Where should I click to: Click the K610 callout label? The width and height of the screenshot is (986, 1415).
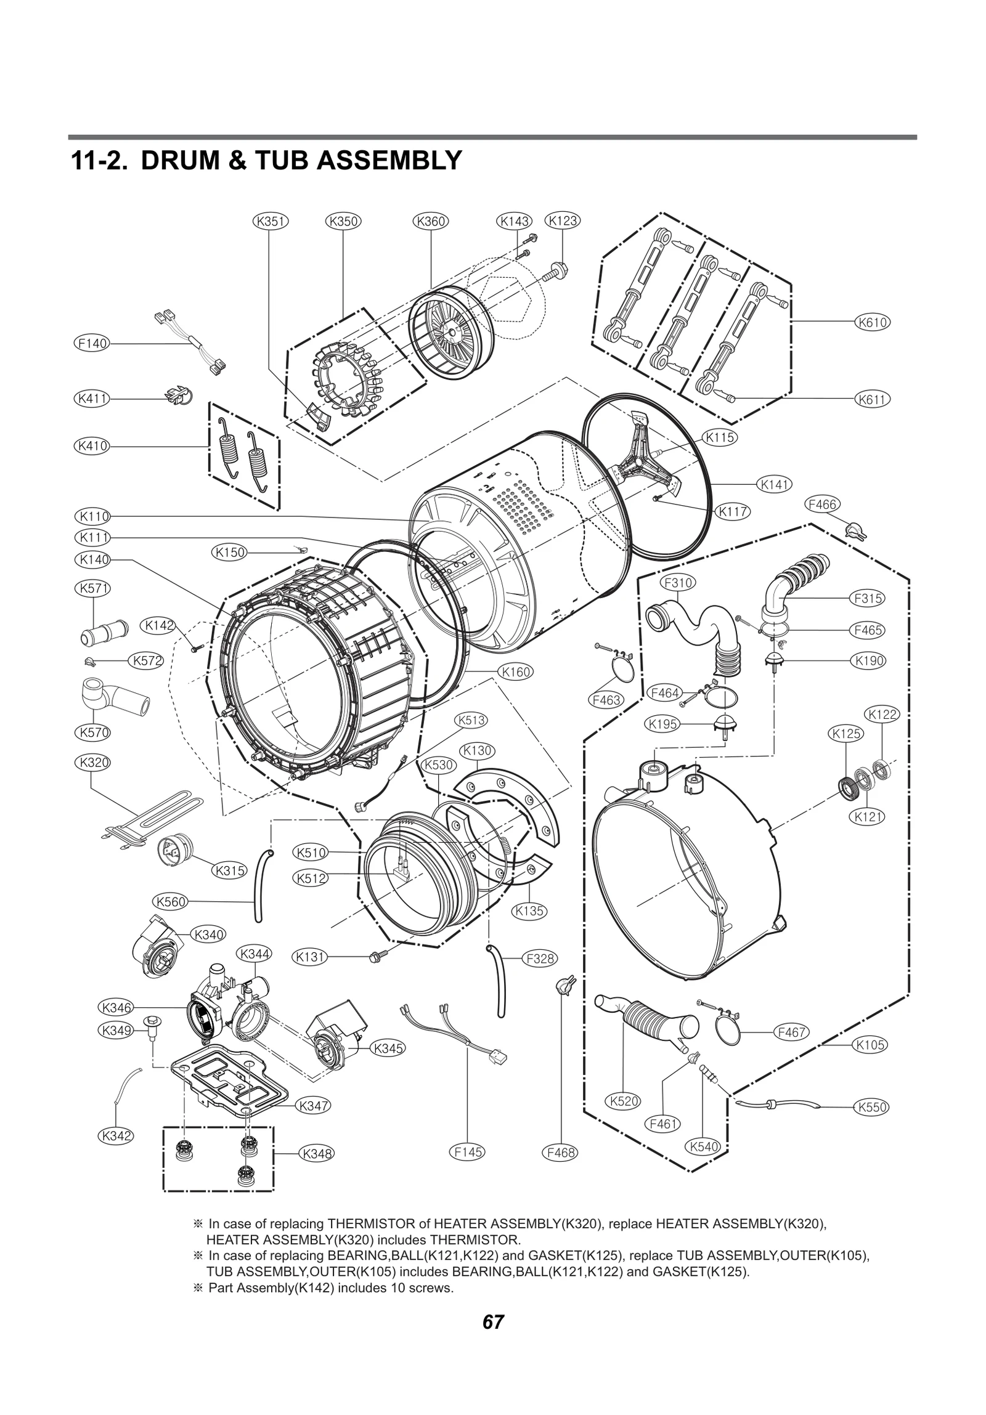tap(872, 322)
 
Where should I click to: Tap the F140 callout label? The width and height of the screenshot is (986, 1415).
tap(91, 343)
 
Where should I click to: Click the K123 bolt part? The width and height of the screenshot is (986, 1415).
tap(561, 269)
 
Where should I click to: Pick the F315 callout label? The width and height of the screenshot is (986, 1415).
tap(867, 598)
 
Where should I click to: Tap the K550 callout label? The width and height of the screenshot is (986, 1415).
tap(871, 1106)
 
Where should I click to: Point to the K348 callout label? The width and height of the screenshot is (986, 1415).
tap(316, 1153)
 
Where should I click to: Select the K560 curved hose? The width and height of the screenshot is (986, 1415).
tap(257, 885)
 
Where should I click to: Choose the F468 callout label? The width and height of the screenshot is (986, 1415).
tap(560, 1151)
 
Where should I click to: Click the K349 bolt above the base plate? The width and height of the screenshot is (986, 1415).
tap(149, 1023)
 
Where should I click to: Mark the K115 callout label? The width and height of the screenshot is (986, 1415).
tap(719, 437)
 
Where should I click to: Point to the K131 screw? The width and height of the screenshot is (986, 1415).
tap(373, 957)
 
